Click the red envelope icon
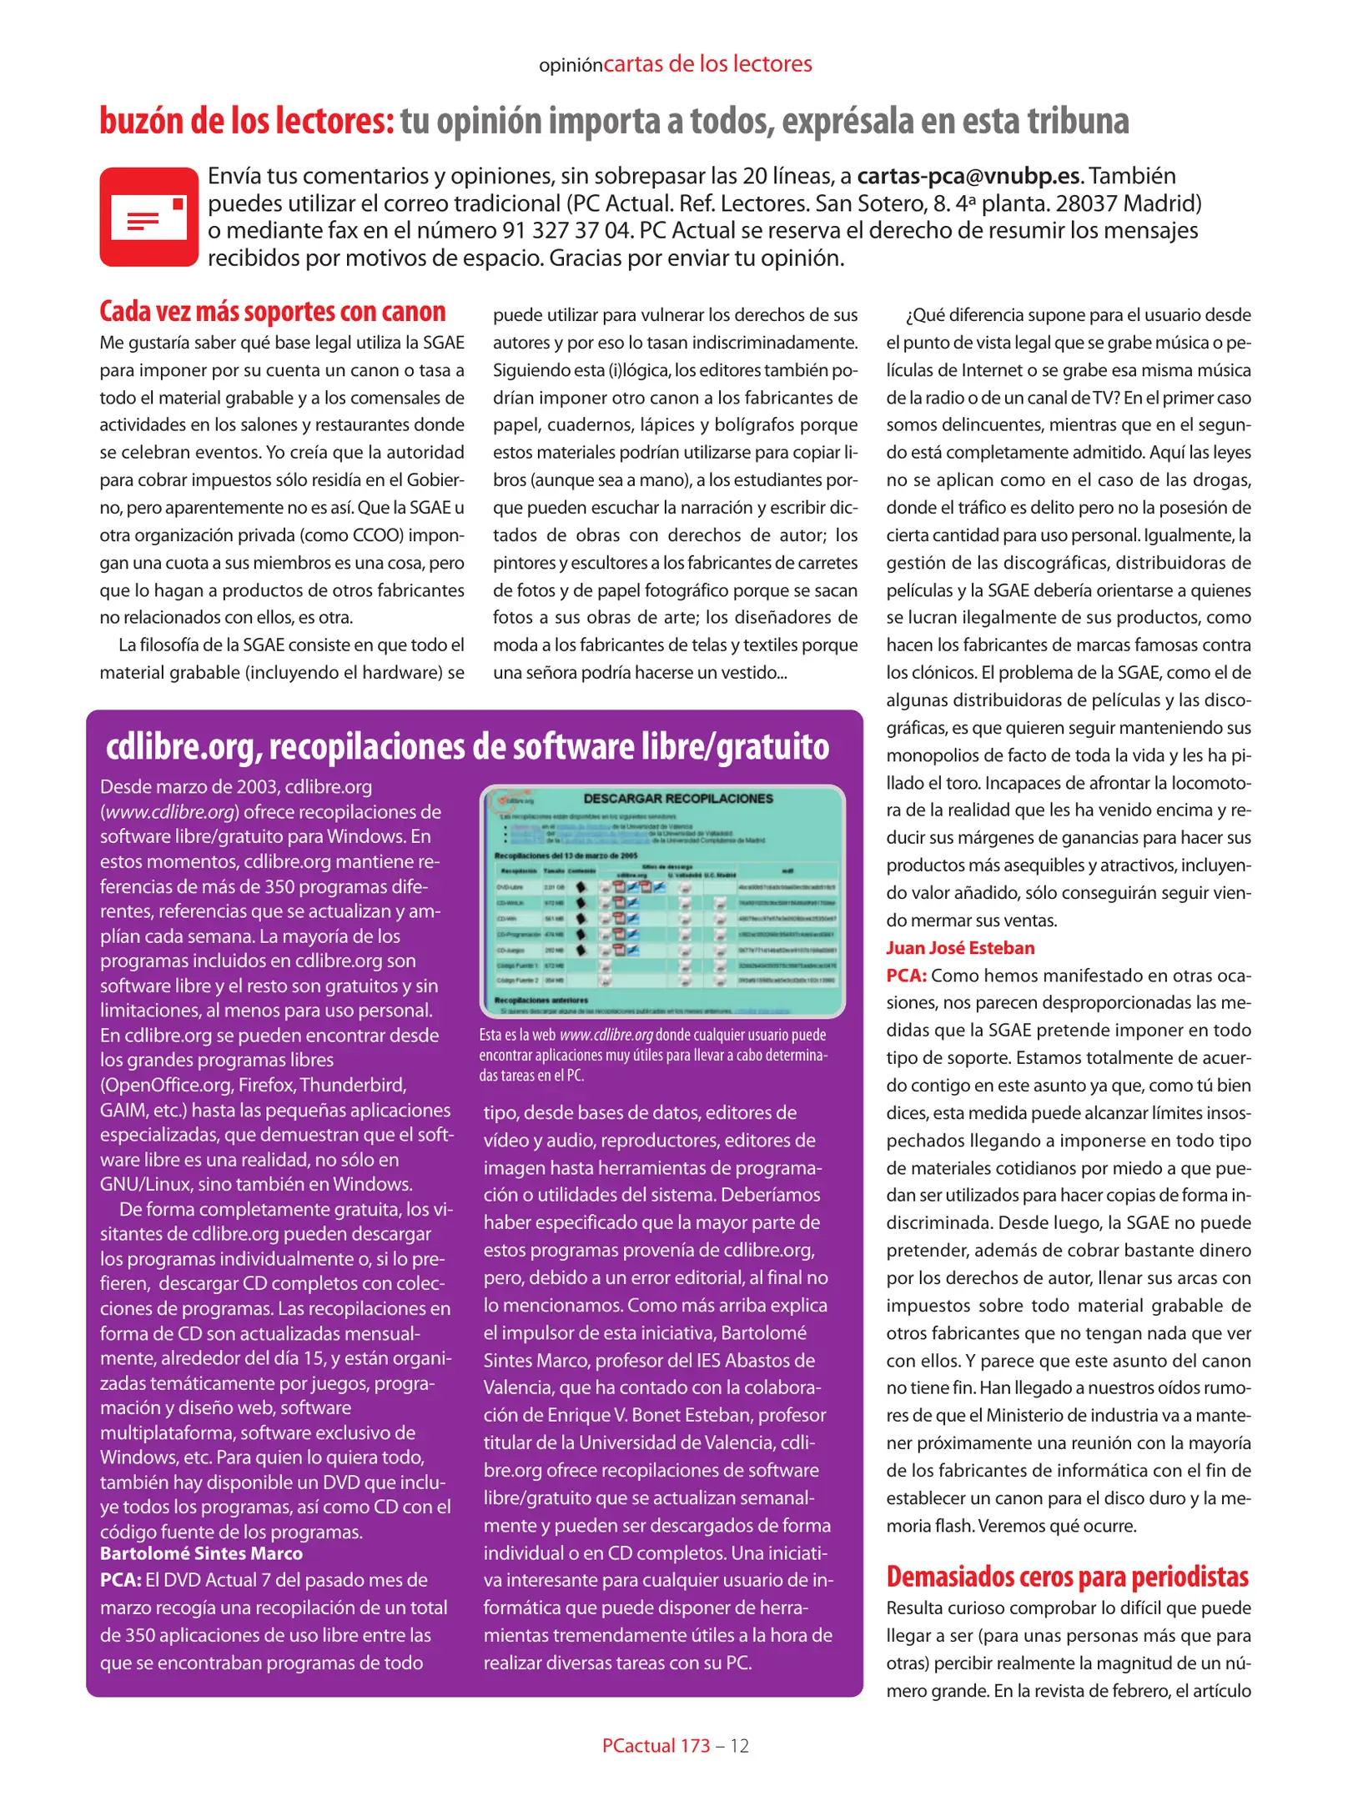(x=149, y=217)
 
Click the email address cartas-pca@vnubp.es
(x=968, y=177)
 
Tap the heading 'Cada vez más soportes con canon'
(x=272, y=312)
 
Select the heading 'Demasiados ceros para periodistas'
(x=1067, y=1577)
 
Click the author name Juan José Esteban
(x=959, y=948)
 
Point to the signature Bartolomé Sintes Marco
(x=201, y=1553)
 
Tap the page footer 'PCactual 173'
(x=656, y=1745)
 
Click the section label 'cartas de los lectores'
(x=707, y=64)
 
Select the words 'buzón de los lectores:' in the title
(x=246, y=122)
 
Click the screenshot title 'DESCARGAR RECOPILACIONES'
(x=677, y=799)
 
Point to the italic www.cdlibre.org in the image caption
(x=606, y=1035)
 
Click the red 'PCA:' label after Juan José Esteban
(x=906, y=976)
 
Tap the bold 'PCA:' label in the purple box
(x=120, y=1580)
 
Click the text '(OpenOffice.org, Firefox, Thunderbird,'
(x=253, y=1085)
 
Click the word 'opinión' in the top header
(x=571, y=66)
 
